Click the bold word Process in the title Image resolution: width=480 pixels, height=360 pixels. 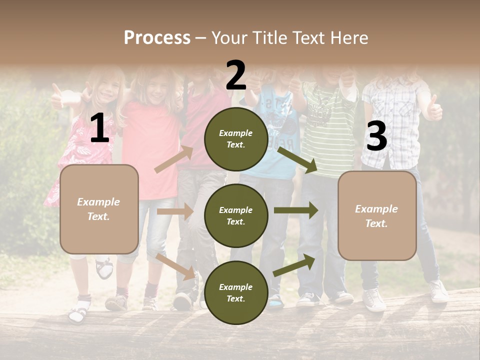click(157, 37)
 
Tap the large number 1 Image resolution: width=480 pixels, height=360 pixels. click(99, 128)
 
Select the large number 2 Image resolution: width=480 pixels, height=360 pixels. click(236, 75)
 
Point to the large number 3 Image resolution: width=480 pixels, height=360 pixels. click(376, 136)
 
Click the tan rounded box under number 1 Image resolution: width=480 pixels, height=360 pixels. click(99, 209)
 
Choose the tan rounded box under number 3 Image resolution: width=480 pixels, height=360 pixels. click(377, 215)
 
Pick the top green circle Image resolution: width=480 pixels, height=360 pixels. click(236, 139)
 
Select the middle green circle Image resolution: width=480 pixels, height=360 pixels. click(236, 215)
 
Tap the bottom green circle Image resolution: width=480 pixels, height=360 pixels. click(236, 292)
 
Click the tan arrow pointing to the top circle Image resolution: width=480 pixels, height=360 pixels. click(173, 159)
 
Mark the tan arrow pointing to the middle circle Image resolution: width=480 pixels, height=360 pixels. click(175, 211)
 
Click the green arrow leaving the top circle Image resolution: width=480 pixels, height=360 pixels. click(297, 159)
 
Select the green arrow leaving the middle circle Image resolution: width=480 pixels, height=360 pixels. click(296, 210)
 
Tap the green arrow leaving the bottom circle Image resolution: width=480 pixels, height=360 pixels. click(294, 265)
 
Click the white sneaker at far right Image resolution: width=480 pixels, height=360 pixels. click(438, 292)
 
